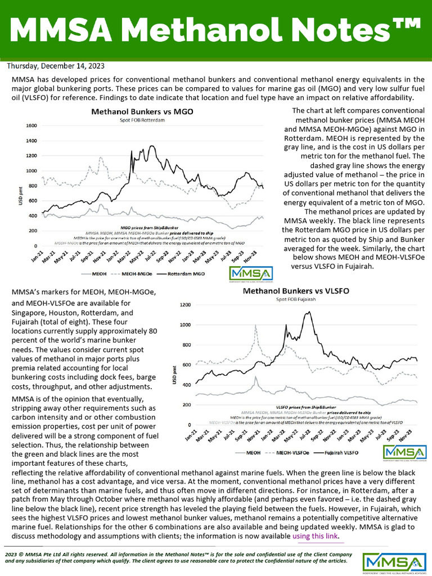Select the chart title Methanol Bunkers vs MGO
click(142, 111)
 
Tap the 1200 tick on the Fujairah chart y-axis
click(186, 305)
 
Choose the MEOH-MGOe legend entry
click(134, 274)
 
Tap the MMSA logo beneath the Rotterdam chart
click(251, 274)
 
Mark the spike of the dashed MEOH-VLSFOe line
click(256, 326)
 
